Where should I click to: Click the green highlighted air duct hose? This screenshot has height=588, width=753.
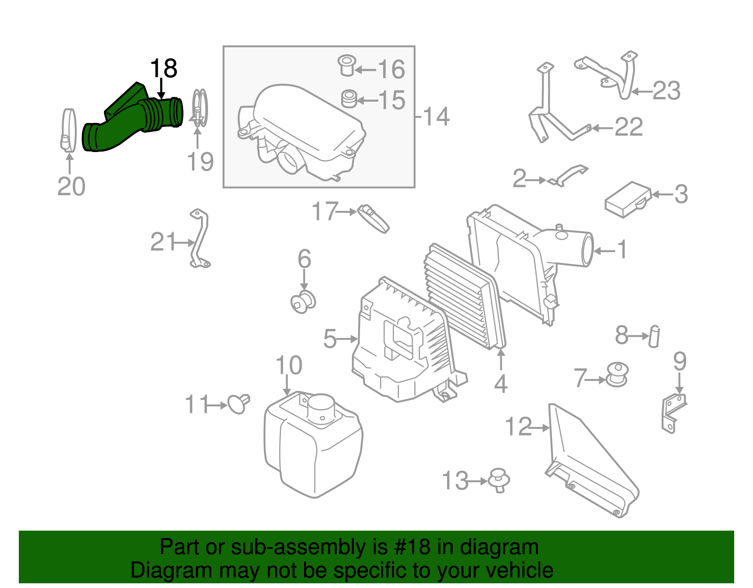point(127,122)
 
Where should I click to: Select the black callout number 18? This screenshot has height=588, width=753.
point(163,69)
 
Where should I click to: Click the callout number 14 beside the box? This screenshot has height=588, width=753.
point(436,116)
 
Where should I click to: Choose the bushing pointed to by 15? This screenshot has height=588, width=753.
point(349,98)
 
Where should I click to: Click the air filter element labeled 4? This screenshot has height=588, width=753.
point(464,297)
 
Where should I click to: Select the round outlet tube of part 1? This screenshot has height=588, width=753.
point(586,250)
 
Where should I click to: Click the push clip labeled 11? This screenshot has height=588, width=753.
point(238,403)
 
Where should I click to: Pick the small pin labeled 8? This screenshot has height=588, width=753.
point(654,336)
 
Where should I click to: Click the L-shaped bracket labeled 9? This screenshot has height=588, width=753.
point(673,412)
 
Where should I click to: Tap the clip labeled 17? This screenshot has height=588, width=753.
point(374,218)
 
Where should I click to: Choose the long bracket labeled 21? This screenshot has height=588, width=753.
point(200,240)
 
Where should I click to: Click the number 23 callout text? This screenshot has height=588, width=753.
point(666,91)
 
